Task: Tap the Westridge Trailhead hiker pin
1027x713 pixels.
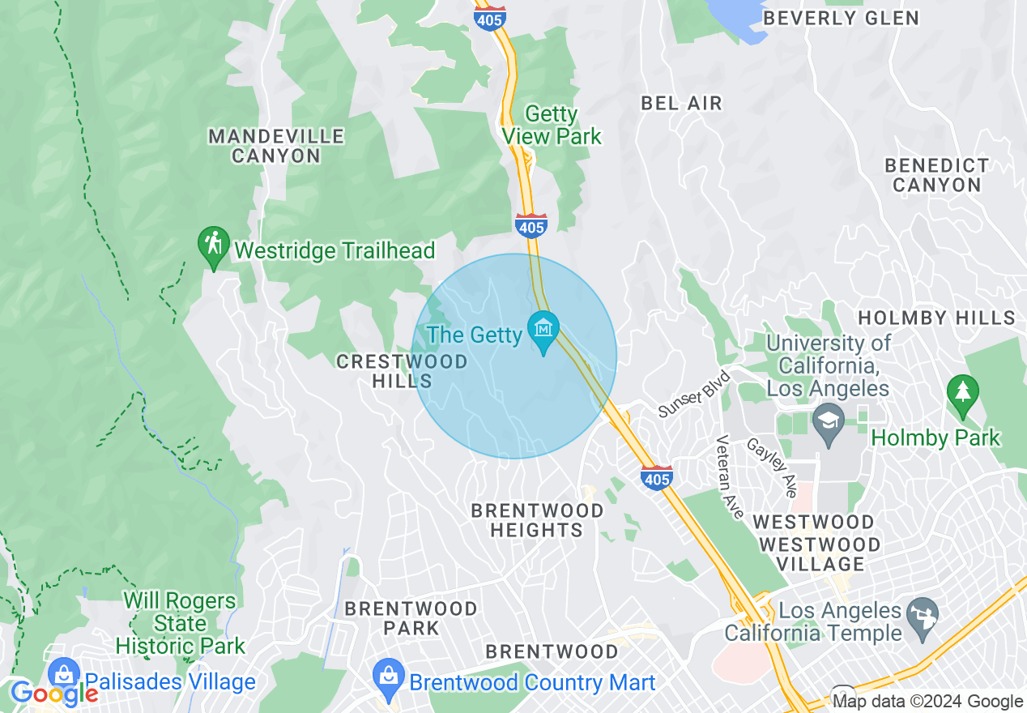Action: (x=214, y=244)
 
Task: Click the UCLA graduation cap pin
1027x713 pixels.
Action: (x=828, y=422)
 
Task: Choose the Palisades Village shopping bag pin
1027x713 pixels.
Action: (x=64, y=674)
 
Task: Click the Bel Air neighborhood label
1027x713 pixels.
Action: (x=681, y=103)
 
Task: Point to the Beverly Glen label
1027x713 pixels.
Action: (x=841, y=18)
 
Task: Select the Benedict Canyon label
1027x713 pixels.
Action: (x=936, y=175)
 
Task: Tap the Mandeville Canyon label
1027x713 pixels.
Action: (x=276, y=146)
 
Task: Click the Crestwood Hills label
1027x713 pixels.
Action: (x=402, y=371)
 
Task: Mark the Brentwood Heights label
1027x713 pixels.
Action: (x=537, y=520)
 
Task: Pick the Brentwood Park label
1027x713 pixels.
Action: (x=411, y=617)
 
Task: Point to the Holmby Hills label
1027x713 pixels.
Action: (x=936, y=318)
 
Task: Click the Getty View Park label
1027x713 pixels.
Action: (x=552, y=125)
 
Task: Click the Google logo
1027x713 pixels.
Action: (x=53, y=694)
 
